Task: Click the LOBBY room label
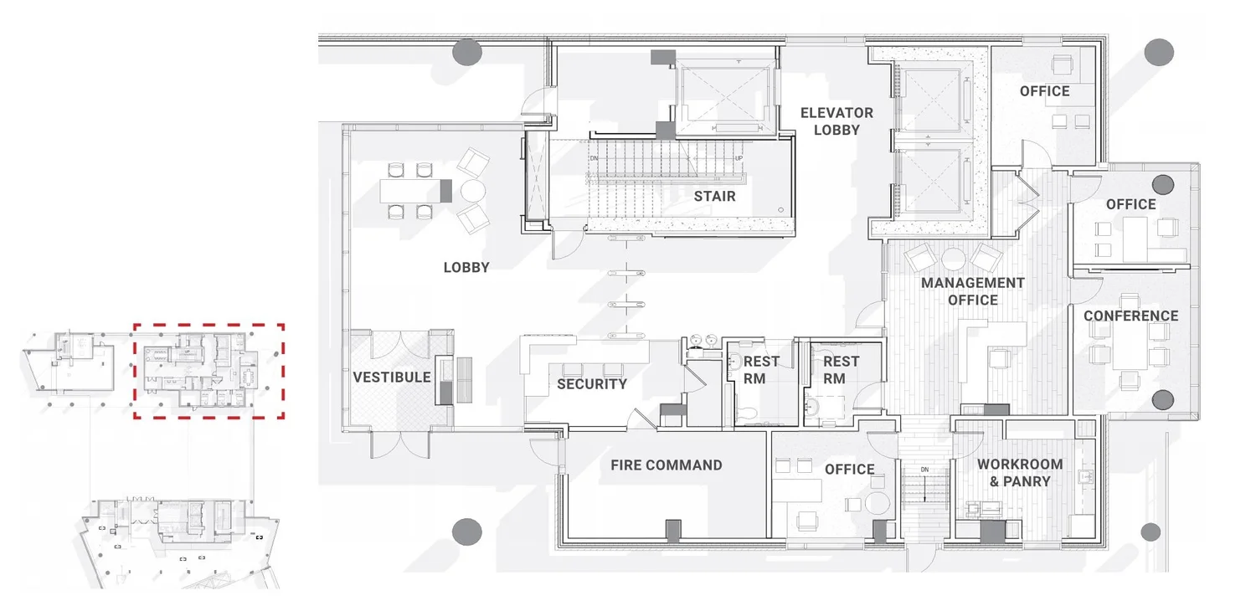[466, 267]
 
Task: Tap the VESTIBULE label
[391, 377]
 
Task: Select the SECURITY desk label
[592, 384]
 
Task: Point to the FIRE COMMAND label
[667, 465]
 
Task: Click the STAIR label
[714, 196]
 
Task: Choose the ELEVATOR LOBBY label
[836, 121]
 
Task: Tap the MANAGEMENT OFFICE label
[972, 290]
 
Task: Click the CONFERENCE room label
[1130, 316]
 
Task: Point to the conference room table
[1130, 346]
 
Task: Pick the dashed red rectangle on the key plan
[208, 326]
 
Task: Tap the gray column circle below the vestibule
[467, 532]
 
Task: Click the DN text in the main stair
[595, 158]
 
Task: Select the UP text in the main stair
[739, 158]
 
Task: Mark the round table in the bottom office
[878, 505]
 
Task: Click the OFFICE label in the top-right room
[1044, 90]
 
